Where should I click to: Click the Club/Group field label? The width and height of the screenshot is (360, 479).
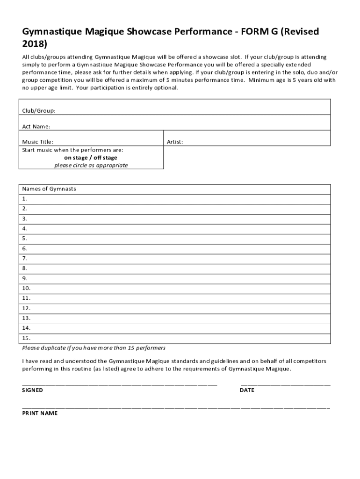pyautogui.click(x=39, y=111)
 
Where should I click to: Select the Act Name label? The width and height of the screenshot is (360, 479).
pyautogui.click(x=36, y=126)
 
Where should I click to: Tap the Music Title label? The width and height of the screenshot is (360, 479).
pyautogui.click(x=38, y=142)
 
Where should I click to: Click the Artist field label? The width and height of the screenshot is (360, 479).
pyautogui.click(x=175, y=142)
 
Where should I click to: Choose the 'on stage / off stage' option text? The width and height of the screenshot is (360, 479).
pyautogui.click(x=91, y=158)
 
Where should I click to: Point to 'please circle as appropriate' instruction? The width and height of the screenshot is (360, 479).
pyautogui.click(x=91, y=166)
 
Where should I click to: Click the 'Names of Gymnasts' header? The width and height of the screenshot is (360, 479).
pyautogui.click(x=49, y=189)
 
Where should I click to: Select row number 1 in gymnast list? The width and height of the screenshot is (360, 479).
pyautogui.click(x=25, y=199)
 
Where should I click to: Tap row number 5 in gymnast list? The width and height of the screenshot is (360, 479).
pyautogui.click(x=25, y=239)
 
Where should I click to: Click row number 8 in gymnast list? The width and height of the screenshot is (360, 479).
pyautogui.click(x=25, y=269)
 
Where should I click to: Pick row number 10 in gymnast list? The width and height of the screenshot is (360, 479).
pyautogui.click(x=26, y=288)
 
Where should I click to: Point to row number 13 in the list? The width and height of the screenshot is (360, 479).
pyautogui.click(x=26, y=318)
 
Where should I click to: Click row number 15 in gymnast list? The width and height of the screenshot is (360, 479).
pyautogui.click(x=26, y=338)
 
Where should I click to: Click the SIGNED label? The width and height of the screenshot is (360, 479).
pyautogui.click(x=33, y=390)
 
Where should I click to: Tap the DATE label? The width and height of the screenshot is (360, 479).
pyautogui.click(x=247, y=390)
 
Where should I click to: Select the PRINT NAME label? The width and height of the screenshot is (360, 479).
pyautogui.click(x=40, y=414)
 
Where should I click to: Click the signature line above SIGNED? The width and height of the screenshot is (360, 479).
pyautogui.click(x=120, y=385)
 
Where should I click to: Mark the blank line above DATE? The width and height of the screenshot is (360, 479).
pyautogui.click(x=285, y=385)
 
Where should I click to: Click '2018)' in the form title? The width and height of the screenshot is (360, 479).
pyautogui.click(x=35, y=44)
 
